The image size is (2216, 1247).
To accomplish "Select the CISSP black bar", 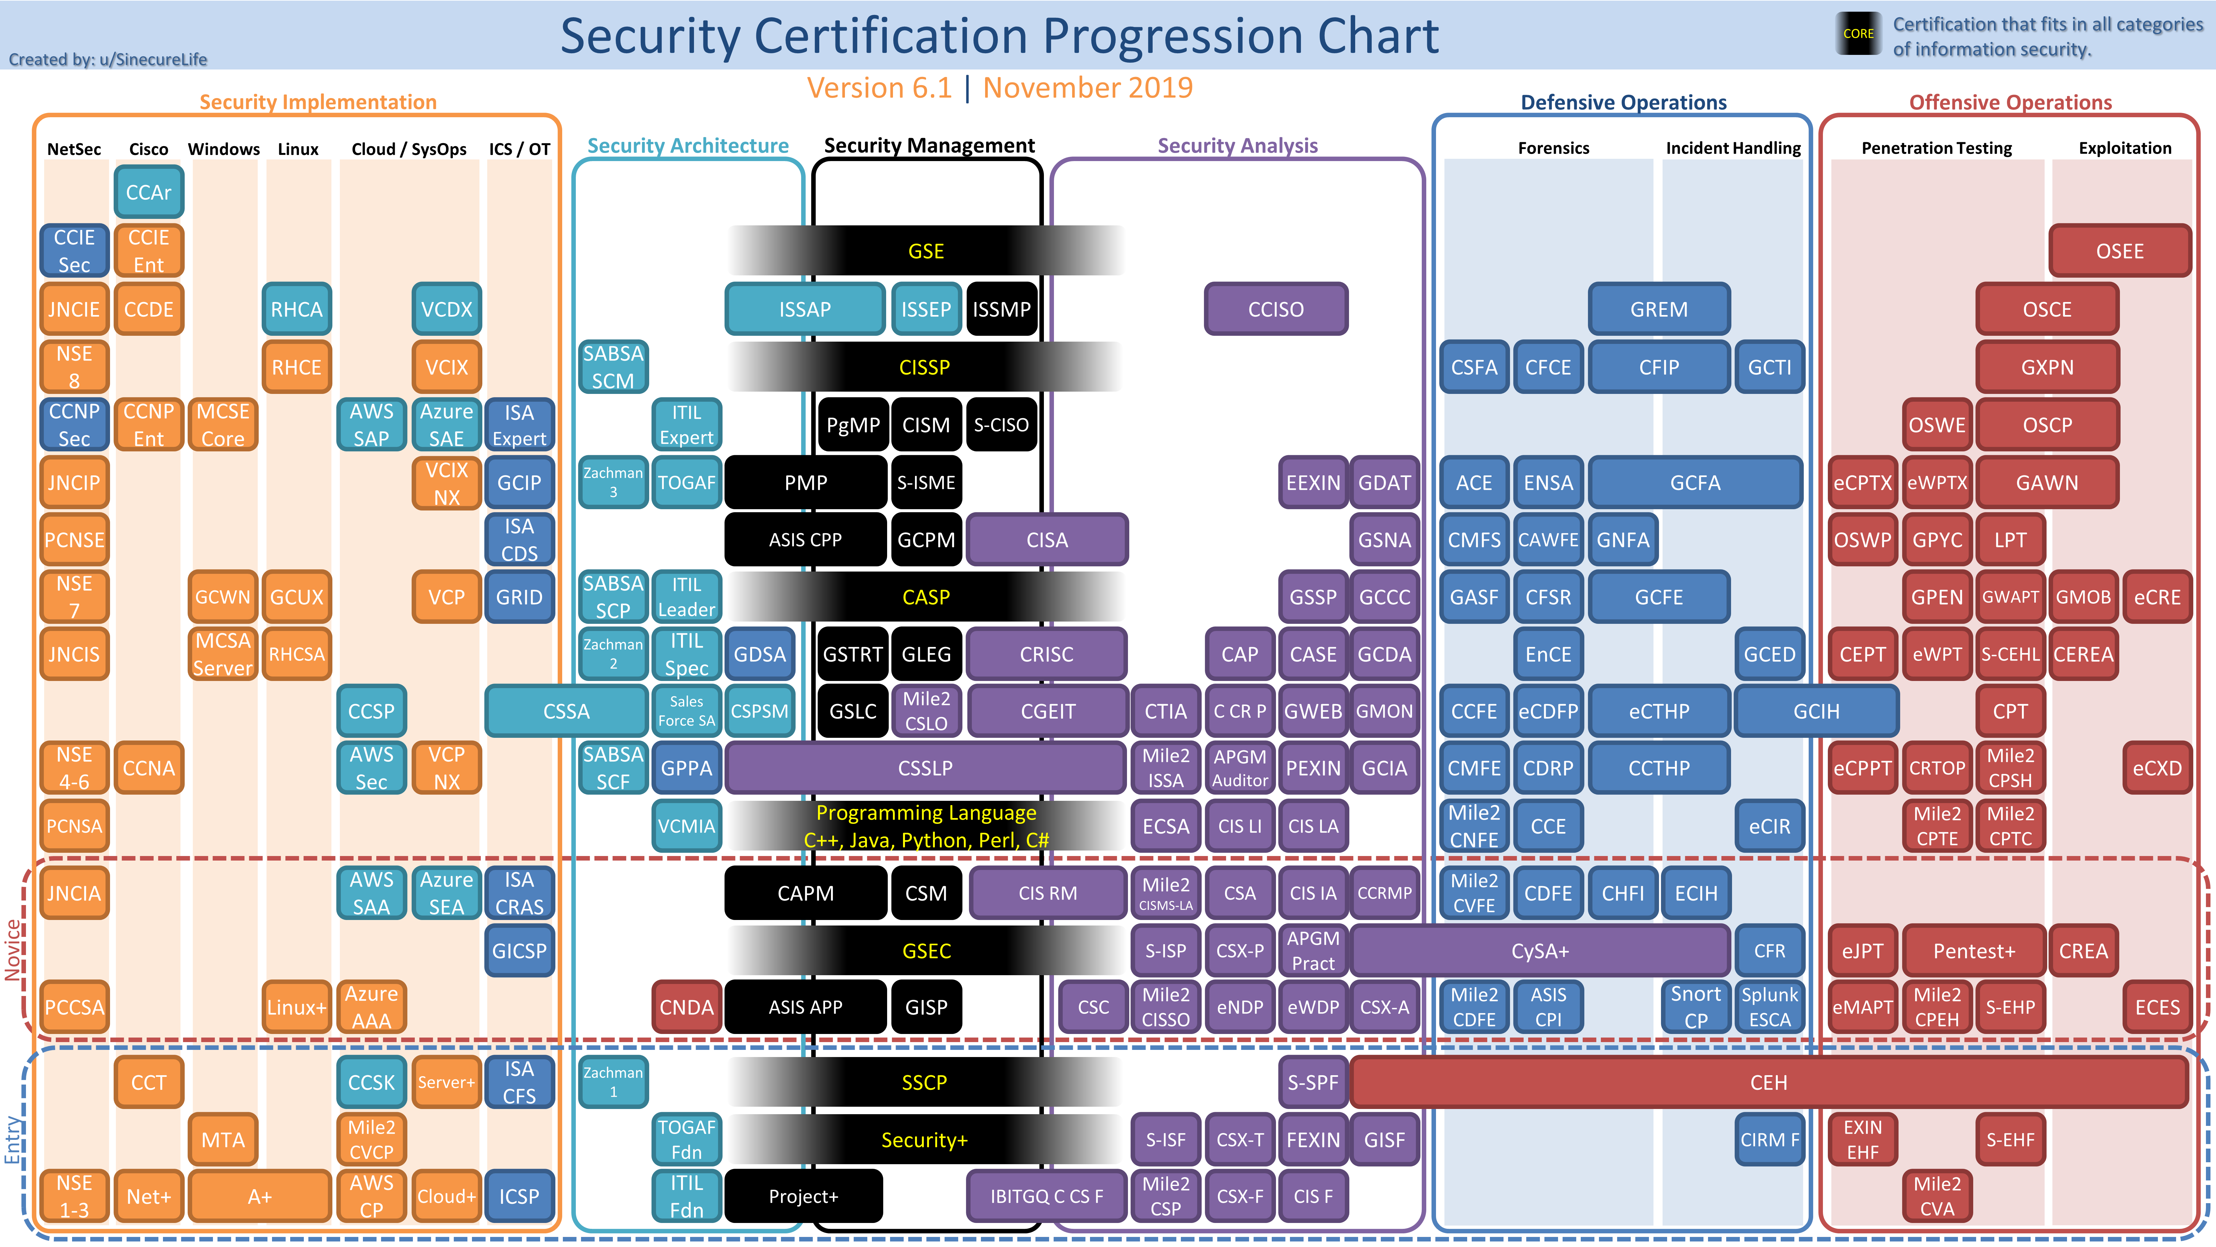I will [925, 368].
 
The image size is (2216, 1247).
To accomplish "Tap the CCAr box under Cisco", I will [149, 192].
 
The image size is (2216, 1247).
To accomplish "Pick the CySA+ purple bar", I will [1540, 951].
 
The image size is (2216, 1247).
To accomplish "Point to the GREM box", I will [1659, 309].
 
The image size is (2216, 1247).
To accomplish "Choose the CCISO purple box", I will [1276, 309].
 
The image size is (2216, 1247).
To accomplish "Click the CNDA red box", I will [687, 1007].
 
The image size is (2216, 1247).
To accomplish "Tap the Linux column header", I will [298, 149].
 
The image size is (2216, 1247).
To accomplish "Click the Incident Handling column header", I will [1733, 148].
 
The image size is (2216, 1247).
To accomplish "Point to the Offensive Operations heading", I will [2011, 102].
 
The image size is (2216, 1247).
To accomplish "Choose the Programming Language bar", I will [926, 826].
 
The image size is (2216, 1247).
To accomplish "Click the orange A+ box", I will [260, 1196].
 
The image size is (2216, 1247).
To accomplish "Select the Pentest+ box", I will [1974, 951].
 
